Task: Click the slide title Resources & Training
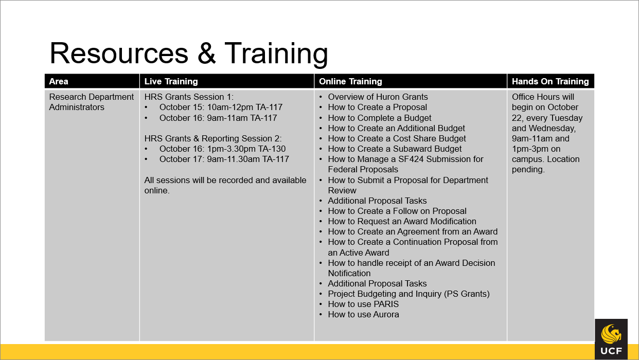[x=188, y=53]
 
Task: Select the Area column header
[x=59, y=81]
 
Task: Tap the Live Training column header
[x=171, y=81]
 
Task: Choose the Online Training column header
[x=350, y=81]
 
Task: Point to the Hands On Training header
[x=550, y=81]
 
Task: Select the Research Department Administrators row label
[x=92, y=102]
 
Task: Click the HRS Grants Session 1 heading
[x=189, y=97]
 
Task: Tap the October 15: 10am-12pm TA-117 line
[x=221, y=107]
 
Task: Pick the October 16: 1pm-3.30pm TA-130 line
[x=222, y=149]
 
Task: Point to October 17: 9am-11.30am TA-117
[x=224, y=159]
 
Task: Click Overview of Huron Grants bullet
[x=378, y=97]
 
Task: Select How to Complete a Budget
[x=380, y=118]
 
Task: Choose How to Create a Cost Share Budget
[x=397, y=138]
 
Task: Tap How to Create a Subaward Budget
[x=395, y=149]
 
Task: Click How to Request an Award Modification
[x=402, y=221]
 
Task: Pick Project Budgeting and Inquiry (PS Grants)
[x=409, y=294]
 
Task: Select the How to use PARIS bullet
[x=363, y=304]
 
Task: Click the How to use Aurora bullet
[x=363, y=314]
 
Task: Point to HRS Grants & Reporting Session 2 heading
[x=213, y=138]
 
